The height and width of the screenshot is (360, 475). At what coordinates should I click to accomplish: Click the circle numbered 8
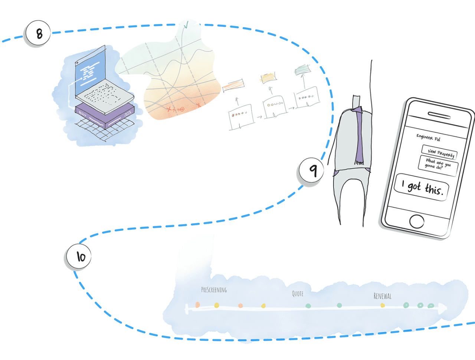[x=38, y=34]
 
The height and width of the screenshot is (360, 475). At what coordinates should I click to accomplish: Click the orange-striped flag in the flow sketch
[x=233, y=85]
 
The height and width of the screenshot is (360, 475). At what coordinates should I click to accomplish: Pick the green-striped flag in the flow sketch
[x=302, y=69]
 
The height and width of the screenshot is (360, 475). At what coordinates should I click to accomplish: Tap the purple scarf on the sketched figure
[x=359, y=137]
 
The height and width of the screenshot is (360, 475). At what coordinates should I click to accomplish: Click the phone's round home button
[x=416, y=221]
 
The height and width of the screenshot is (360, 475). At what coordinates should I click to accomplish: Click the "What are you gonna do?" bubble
[x=438, y=164]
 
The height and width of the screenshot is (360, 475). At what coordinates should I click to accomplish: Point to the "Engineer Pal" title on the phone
[x=428, y=138]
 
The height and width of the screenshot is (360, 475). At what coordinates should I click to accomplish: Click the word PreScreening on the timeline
[x=214, y=290]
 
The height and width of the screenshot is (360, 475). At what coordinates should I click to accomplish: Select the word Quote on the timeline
[x=298, y=294]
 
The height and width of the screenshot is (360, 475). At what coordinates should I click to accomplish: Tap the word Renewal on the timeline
[x=382, y=296]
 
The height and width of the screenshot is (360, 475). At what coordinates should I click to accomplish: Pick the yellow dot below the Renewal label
[x=383, y=305]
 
